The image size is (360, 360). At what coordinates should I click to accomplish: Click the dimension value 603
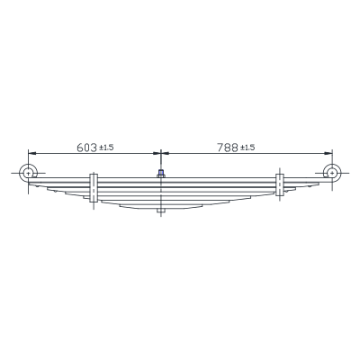(87, 148)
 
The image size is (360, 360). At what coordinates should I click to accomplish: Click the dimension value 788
(228, 148)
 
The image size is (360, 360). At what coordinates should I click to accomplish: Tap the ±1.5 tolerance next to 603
(106, 148)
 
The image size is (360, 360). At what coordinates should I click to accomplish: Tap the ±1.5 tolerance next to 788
(247, 148)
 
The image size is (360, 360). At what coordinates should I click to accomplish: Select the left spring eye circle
(20, 174)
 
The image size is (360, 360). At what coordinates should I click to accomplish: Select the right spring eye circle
(324, 173)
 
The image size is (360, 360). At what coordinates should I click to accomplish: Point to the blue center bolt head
(161, 173)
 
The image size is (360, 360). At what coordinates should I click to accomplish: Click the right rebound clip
(280, 184)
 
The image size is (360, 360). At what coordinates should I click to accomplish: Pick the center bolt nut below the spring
(161, 211)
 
